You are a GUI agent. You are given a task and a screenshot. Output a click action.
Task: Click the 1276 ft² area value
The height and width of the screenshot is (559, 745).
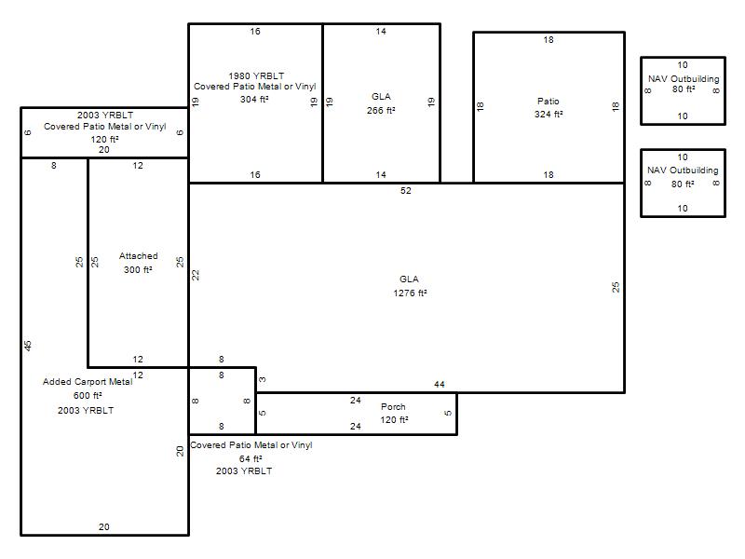pos(410,293)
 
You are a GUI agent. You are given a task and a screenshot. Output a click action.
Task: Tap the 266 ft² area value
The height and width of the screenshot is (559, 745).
pos(381,110)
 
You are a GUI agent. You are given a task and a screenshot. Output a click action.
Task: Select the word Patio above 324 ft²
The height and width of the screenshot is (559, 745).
pos(549,101)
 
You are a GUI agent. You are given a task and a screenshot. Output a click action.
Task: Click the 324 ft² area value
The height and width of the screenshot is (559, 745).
pos(549,114)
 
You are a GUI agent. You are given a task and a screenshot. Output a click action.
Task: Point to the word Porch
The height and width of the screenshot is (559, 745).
pos(393,406)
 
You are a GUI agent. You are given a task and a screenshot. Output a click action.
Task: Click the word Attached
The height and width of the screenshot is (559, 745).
pos(138,255)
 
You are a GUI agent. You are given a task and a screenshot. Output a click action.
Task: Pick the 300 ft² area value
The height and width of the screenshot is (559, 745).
pos(138,269)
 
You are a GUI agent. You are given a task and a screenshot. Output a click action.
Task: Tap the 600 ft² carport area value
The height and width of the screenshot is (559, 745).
pos(88,395)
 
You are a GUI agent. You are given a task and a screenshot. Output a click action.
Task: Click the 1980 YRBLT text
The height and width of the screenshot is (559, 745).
pos(256,75)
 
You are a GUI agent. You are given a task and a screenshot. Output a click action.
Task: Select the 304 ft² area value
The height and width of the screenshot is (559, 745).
pos(254,99)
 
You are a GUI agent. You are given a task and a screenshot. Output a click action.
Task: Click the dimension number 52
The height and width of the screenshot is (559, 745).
pos(406,191)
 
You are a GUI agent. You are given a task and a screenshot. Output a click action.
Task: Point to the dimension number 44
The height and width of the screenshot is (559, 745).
pos(439,384)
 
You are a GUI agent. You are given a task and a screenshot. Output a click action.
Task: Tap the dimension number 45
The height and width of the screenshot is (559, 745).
pos(28,346)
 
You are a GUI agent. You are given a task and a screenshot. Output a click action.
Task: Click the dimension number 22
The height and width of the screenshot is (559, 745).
pos(196,275)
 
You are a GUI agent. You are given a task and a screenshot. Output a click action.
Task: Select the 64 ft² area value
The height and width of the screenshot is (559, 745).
pos(251,458)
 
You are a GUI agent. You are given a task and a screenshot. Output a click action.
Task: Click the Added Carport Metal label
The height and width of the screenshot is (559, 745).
pos(88,382)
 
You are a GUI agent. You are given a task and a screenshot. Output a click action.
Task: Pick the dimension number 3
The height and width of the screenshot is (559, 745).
pos(263,380)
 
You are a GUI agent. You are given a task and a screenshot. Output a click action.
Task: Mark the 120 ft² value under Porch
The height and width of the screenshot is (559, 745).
pos(394,420)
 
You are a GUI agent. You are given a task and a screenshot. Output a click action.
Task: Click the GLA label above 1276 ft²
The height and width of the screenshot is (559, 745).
pos(409,279)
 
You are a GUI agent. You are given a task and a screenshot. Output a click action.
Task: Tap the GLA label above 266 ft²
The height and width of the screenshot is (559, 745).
pos(381,97)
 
